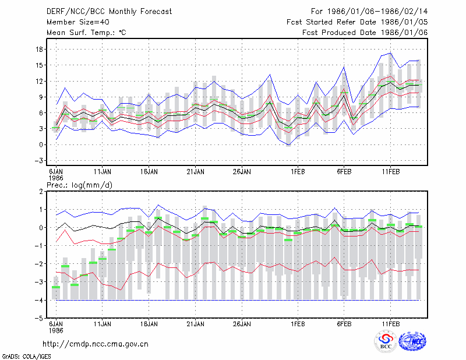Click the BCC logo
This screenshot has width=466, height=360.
pos(386,341)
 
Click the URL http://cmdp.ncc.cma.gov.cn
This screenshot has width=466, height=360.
pos(96,344)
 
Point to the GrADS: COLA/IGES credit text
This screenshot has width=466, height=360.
pos(27,357)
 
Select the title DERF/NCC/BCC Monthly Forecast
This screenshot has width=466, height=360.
pos(109,12)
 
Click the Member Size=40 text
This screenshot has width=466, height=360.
pos(78,22)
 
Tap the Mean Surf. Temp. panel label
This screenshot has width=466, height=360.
pos(86,33)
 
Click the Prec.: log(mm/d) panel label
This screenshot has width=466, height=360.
pos(80,185)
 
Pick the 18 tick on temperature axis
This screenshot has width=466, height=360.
pos(39,50)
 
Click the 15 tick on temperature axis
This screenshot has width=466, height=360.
pos(39,65)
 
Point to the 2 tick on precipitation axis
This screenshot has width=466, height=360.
pos(41,192)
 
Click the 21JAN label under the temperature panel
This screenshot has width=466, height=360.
pos(195,172)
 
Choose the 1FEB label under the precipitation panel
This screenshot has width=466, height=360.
pos(298,324)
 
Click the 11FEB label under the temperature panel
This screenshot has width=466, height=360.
pos(390,172)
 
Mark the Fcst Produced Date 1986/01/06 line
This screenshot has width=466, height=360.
pos(365,33)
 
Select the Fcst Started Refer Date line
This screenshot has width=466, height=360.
pos(357,22)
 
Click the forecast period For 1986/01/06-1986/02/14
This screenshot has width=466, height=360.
pos(369,12)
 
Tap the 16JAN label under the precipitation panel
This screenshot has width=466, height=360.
pos(149,324)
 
